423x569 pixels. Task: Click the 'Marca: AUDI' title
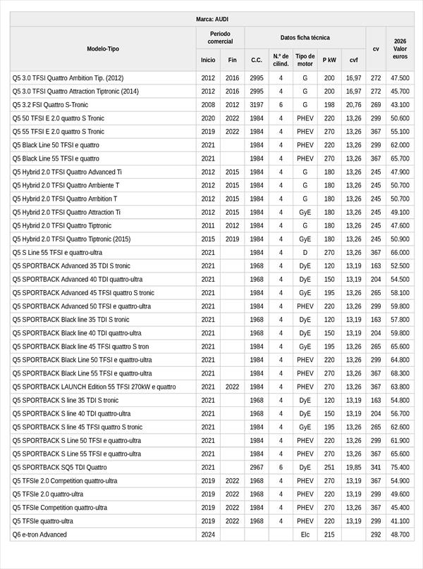[x=211, y=19]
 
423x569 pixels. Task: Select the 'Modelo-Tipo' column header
[x=103, y=49]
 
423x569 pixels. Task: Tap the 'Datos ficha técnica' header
[x=305, y=37]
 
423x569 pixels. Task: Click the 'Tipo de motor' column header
[x=305, y=60]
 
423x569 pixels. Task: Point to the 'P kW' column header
[x=329, y=61]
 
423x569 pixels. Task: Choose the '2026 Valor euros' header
[x=400, y=49]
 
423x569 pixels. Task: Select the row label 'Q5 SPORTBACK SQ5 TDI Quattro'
[x=60, y=467]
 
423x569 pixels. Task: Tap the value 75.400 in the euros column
[x=400, y=467]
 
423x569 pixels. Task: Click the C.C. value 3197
[x=257, y=104]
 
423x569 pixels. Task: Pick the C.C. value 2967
[x=257, y=467]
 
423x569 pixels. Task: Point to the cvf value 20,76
[x=353, y=104]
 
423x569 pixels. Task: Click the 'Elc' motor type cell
[x=305, y=534]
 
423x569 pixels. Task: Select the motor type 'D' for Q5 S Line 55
[x=305, y=252]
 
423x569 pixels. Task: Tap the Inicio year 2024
[x=208, y=534]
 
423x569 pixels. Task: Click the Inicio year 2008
[x=208, y=104]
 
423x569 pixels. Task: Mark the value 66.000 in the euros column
[x=400, y=252]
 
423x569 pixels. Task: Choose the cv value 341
[x=376, y=467]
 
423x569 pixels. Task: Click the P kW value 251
[x=329, y=467]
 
